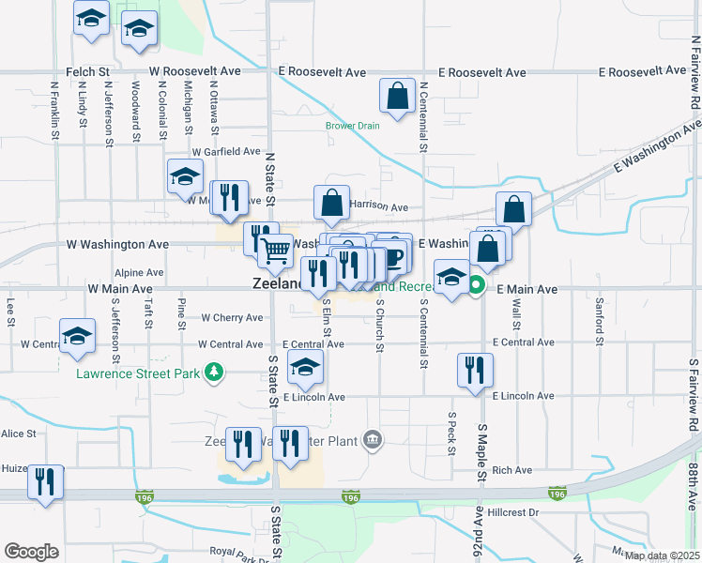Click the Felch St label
click(x=88, y=71)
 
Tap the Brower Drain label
click(x=353, y=126)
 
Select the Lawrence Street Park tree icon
click(x=215, y=373)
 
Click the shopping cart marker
click(x=275, y=250)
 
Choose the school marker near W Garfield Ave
click(x=186, y=175)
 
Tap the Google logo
click(x=32, y=551)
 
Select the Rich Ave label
click(x=511, y=470)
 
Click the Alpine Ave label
click(x=140, y=272)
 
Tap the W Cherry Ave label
click(x=231, y=318)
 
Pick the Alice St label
click(x=18, y=434)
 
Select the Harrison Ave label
click(x=379, y=206)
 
